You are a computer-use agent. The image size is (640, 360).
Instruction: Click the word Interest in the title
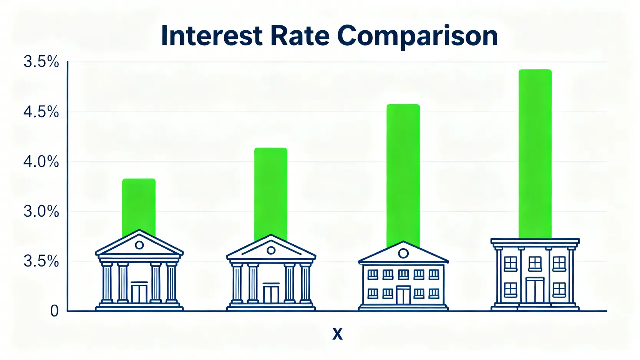212,36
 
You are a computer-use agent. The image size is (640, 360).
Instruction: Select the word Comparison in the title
418,37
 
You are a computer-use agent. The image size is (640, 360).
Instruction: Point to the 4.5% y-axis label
41,112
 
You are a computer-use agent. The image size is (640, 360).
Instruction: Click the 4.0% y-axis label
41,162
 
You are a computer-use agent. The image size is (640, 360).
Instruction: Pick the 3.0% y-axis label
41,212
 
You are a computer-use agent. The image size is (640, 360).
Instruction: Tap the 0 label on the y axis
54,311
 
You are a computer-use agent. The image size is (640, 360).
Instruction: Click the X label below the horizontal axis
337,334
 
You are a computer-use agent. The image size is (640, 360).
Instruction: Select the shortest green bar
139,207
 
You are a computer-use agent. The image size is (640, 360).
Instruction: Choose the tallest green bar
535,154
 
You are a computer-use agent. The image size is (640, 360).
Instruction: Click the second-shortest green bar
271,194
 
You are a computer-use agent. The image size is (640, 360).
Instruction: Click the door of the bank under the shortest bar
139,292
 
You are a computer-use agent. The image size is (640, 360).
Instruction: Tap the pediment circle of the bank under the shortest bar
139,245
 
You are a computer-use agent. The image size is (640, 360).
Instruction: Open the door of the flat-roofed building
535,290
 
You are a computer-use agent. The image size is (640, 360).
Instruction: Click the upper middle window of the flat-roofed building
535,264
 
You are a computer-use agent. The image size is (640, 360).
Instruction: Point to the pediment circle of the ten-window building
403,253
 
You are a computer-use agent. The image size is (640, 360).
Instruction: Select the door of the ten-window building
403,295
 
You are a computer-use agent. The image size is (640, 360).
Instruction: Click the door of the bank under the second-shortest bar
271,293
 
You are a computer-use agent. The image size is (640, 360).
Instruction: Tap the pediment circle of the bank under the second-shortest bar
271,251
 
